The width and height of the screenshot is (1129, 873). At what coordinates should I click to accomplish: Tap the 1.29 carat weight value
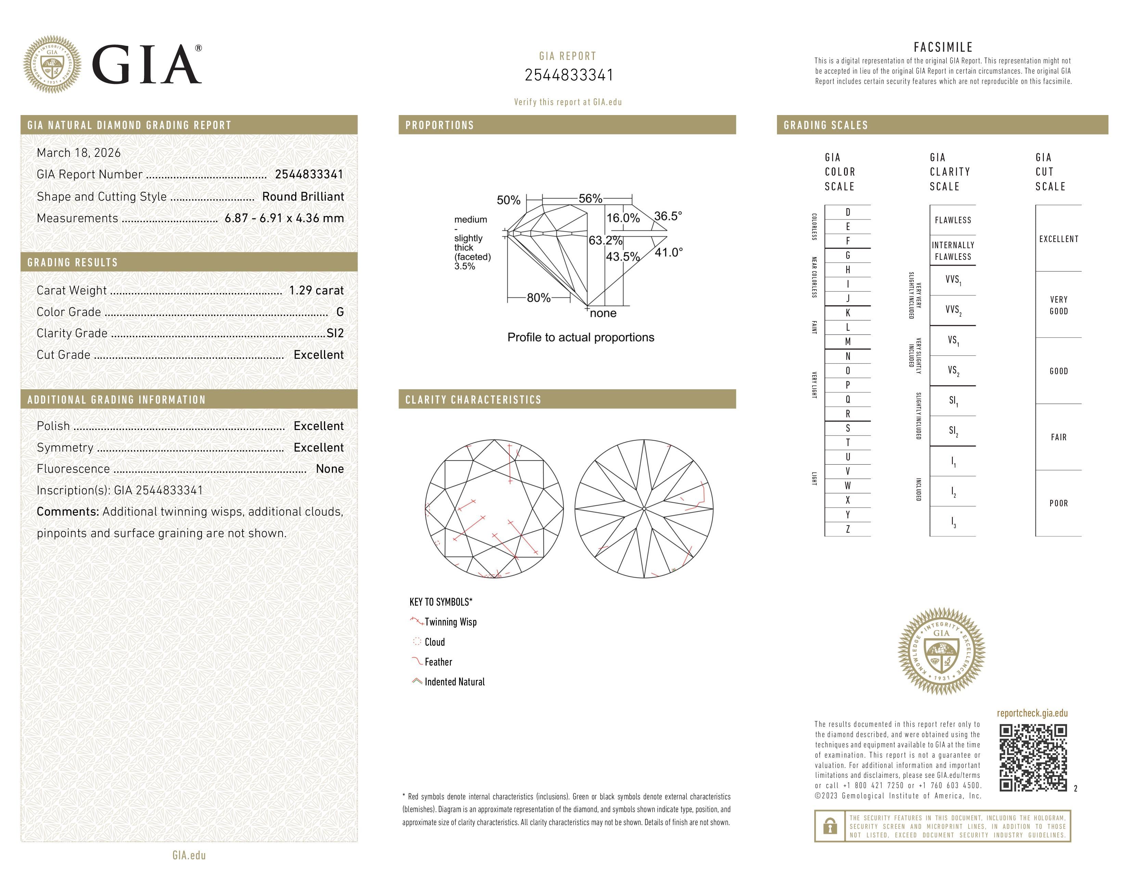pos(316,291)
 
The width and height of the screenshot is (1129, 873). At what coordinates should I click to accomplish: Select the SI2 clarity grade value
pos(335,333)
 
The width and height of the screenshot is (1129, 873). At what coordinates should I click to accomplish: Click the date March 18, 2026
pos(79,153)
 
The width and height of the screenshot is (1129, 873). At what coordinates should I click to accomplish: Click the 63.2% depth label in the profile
pos(605,240)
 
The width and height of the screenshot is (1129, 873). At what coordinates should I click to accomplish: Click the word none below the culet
pos(603,313)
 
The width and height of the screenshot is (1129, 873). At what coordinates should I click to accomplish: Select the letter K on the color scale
pos(848,313)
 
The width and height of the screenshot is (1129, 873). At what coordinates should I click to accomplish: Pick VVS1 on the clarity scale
pos(953,280)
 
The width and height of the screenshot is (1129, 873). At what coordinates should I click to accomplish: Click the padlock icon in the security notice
pos(830,826)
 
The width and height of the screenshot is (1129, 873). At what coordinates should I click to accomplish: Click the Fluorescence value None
pos(329,469)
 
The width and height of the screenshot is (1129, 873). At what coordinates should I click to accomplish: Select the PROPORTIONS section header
pos(439,125)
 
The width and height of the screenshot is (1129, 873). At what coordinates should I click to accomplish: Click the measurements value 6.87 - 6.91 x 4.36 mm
pos(284,218)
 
